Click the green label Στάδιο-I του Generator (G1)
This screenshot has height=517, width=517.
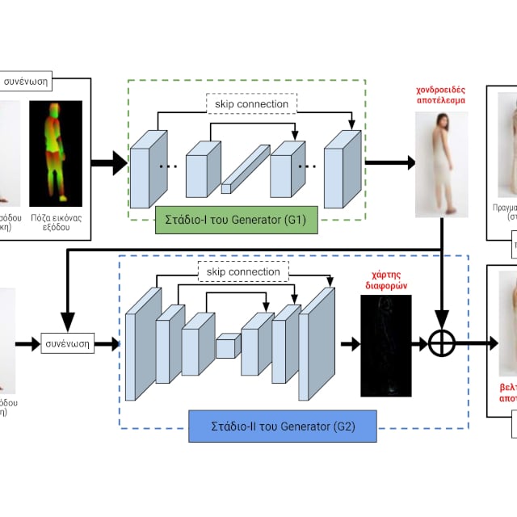pos(235,220)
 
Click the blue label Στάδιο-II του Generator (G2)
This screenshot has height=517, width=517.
pos(282,425)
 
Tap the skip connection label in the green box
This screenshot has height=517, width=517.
pos(252,104)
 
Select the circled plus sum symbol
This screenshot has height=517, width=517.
pos(442,344)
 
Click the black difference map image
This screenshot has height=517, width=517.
pos(385,345)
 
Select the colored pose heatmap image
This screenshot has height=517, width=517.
pos(56,153)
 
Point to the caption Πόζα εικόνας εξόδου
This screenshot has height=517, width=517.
pos(57,222)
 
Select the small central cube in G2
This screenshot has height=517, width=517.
pos(227,345)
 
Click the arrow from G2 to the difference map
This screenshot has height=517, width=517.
pos(350,344)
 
